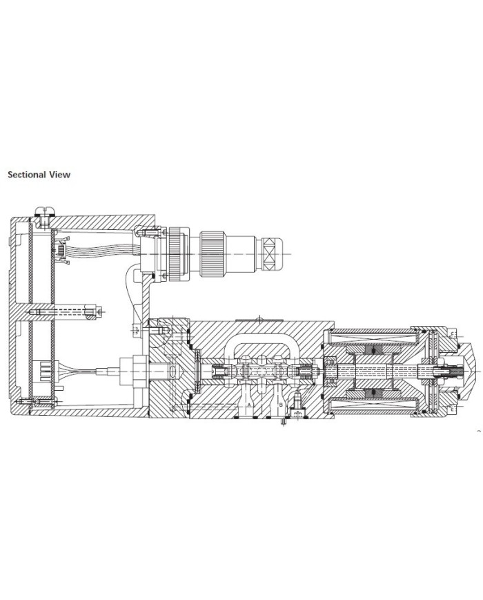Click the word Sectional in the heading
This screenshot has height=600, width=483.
27,175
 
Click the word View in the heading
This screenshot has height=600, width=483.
59,175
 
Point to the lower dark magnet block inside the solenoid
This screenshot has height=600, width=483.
374,392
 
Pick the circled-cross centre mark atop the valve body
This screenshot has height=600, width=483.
259,318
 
